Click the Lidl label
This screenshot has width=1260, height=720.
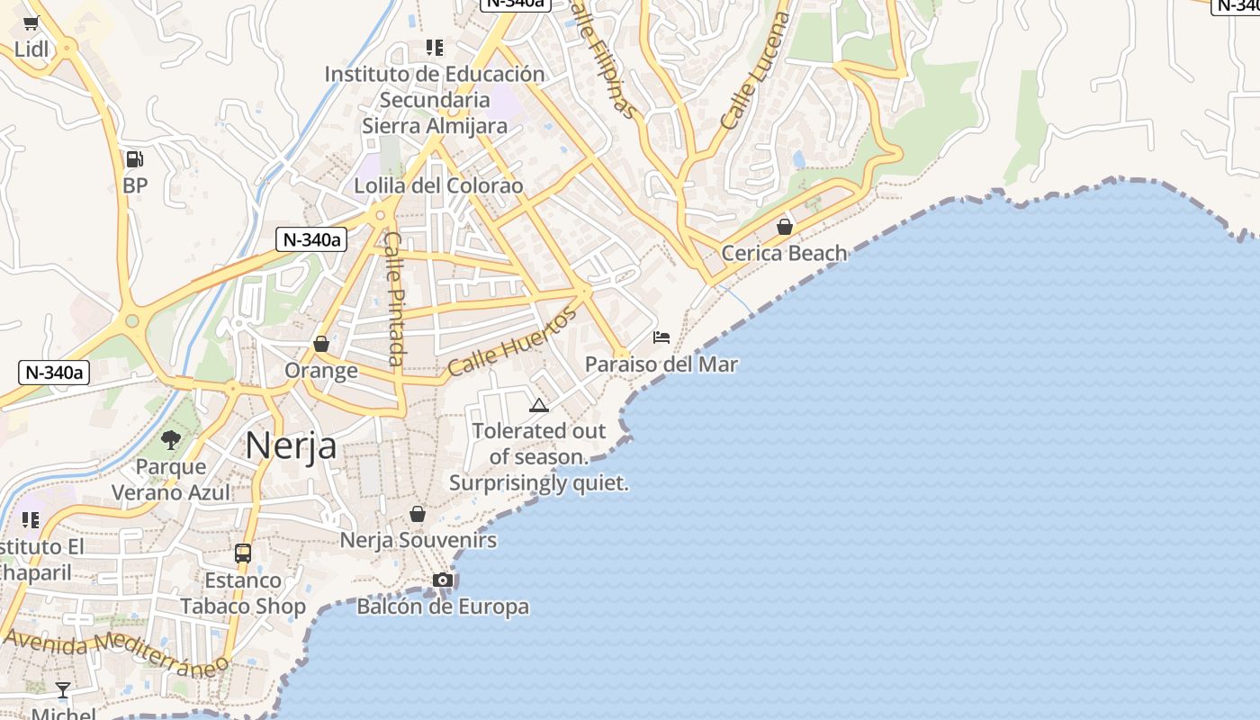[x=31, y=49]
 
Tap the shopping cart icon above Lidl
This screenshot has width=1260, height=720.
[x=31, y=23]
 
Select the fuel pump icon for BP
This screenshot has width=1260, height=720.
[x=134, y=159]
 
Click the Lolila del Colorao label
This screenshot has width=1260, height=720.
[x=438, y=185]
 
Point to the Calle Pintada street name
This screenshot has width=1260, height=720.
[x=394, y=298]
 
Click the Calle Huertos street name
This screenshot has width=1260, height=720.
[x=511, y=343]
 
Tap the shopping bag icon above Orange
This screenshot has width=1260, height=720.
[x=321, y=344]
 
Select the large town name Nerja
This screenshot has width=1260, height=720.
[x=291, y=445]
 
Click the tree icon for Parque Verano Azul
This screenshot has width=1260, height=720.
[x=171, y=440]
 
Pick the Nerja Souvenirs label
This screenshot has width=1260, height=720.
[x=418, y=540]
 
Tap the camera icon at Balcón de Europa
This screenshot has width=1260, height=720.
[x=443, y=580]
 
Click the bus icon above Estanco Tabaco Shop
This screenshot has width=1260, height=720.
[x=243, y=553]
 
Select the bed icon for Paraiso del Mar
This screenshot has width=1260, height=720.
[x=661, y=337]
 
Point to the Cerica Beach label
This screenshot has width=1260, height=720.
[x=784, y=253]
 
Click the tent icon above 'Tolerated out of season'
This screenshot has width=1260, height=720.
[x=539, y=405]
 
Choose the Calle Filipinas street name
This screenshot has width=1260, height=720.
[x=604, y=63]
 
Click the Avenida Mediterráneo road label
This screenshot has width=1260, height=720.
[x=115, y=652]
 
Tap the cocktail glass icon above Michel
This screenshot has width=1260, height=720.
[x=63, y=690]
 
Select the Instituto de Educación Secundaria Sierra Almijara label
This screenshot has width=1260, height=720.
[x=435, y=99]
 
